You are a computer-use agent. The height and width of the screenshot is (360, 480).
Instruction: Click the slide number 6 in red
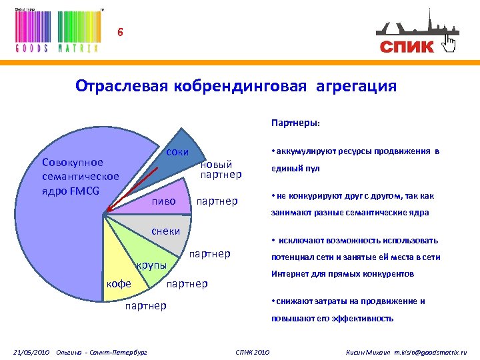pos(120,31)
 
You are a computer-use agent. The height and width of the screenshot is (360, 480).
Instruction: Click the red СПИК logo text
pos(407,46)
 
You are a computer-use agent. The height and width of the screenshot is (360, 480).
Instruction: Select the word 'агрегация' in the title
pos(356,86)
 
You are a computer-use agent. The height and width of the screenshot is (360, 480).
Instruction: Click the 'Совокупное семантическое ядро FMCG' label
pos(80,177)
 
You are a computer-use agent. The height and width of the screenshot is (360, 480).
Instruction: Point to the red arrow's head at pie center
pos(107,213)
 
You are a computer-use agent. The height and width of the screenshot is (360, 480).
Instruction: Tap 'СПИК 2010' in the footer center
pos(253,351)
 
